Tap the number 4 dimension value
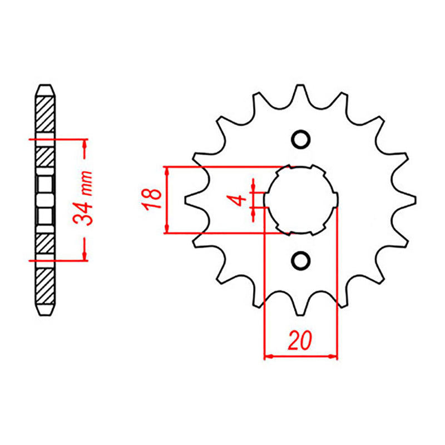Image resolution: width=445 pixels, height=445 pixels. [x=239, y=199]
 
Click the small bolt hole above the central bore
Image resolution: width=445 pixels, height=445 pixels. [x=300, y=139]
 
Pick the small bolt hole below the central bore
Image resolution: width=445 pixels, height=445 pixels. [x=300, y=259]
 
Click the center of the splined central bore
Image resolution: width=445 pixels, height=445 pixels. [x=300, y=199]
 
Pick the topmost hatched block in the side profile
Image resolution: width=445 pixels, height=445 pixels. [x=46, y=114]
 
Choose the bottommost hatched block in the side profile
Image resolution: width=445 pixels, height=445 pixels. [x=46, y=285]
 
